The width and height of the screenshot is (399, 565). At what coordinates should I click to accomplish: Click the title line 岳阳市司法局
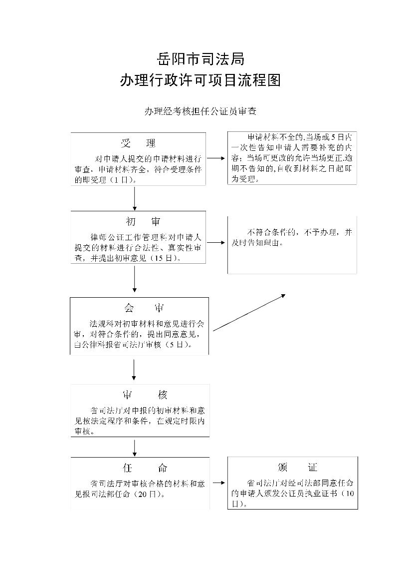coord(200,59)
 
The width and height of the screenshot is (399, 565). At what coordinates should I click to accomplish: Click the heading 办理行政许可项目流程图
coord(200,80)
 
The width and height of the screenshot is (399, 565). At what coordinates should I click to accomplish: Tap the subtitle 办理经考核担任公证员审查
coord(200,111)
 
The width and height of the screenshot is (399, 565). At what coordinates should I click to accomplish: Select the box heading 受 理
coord(138,144)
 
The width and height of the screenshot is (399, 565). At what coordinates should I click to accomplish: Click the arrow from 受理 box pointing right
coord(216,158)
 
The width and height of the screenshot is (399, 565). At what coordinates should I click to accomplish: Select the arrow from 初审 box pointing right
coord(216,243)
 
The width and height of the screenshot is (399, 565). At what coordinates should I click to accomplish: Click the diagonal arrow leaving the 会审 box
coord(249,312)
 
